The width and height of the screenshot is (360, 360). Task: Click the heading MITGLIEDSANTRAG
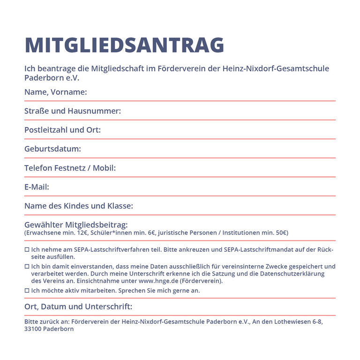pyautogui.click(x=124, y=45)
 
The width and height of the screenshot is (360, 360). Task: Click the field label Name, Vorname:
pyautogui.click(x=55, y=92)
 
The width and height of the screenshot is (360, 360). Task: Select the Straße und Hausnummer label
pyautogui.click(x=73, y=111)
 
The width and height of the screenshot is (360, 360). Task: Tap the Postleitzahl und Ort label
pyautogui.click(x=62, y=130)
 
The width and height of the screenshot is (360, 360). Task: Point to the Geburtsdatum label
pyautogui.click(x=52, y=149)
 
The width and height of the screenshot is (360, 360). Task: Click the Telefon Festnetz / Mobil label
pyautogui.click(x=70, y=168)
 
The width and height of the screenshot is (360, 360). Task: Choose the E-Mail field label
pyautogui.click(x=37, y=187)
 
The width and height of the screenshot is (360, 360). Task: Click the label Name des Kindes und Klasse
pyautogui.click(x=79, y=206)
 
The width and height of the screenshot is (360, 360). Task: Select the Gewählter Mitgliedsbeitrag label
pyautogui.click(x=76, y=225)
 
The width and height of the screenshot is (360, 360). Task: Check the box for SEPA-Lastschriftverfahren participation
pyautogui.click(x=27, y=250)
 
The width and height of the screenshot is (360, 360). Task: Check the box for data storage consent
pyautogui.click(x=27, y=267)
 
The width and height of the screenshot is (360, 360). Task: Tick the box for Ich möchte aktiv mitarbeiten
pyautogui.click(x=27, y=291)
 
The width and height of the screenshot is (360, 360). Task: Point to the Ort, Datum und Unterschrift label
pyautogui.click(x=78, y=307)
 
